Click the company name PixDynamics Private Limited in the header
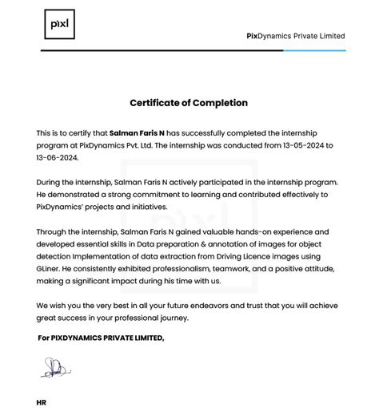295,36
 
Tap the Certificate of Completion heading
189,103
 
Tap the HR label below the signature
42,403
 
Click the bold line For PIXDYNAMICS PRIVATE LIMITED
101,338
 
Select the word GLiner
51,269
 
